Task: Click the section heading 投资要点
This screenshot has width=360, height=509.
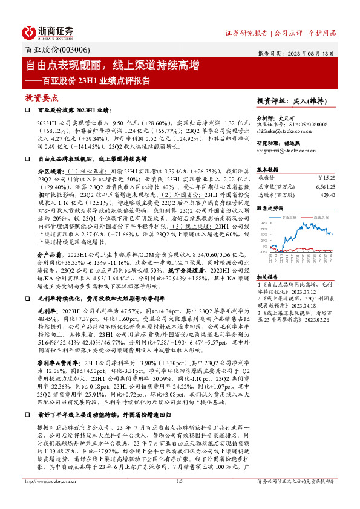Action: pyautogui.click(x=41, y=97)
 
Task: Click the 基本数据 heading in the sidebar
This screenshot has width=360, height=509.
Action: pyautogui.click(x=267, y=169)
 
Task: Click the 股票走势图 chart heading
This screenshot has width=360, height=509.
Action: pyautogui.click(x=270, y=207)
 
